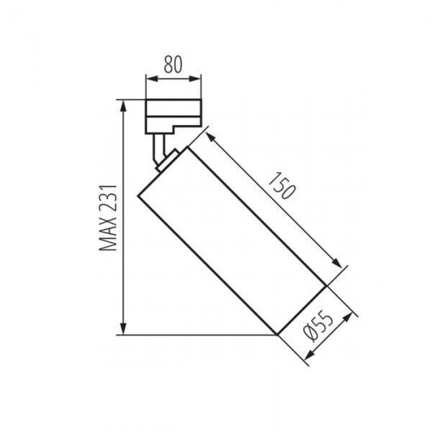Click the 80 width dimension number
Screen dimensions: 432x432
(x=173, y=64)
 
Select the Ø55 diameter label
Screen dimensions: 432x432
(x=318, y=326)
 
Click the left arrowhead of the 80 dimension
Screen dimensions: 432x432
(x=152, y=79)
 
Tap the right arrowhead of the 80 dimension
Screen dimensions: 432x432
(x=195, y=79)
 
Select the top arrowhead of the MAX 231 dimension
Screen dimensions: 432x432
(x=123, y=106)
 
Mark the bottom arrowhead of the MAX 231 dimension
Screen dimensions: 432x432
(x=123, y=329)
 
